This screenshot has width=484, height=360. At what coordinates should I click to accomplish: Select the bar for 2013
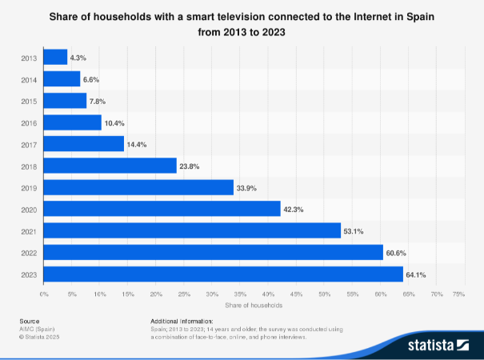click(55, 57)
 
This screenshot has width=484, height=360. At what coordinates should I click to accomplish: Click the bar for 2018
click(110, 166)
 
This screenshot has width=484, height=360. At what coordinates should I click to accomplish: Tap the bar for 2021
click(192, 231)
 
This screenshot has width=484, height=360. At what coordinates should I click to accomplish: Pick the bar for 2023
click(223, 274)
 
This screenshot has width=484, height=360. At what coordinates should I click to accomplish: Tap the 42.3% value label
click(294, 210)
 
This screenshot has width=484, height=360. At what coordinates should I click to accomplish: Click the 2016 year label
click(29, 122)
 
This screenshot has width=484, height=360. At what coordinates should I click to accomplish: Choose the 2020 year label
click(29, 210)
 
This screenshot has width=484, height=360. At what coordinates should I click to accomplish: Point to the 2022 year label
click(29, 253)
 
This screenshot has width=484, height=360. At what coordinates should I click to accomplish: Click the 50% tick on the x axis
click(324, 295)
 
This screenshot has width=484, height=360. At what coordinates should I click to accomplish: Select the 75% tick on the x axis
click(459, 295)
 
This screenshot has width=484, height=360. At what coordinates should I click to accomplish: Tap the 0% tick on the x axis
click(44, 295)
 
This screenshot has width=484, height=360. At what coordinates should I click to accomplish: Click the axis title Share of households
click(254, 306)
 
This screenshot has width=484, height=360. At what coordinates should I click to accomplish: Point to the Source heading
click(29, 321)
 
